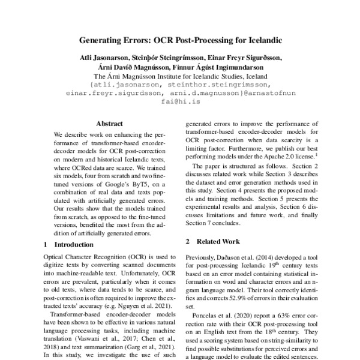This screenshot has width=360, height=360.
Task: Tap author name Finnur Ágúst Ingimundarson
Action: pyautogui.click(x=219, y=68)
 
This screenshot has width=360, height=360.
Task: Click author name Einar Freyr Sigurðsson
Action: pyautogui.click(x=247, y=58)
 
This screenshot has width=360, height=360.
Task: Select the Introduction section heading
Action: pyautogui.click(x=73, y=245)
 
